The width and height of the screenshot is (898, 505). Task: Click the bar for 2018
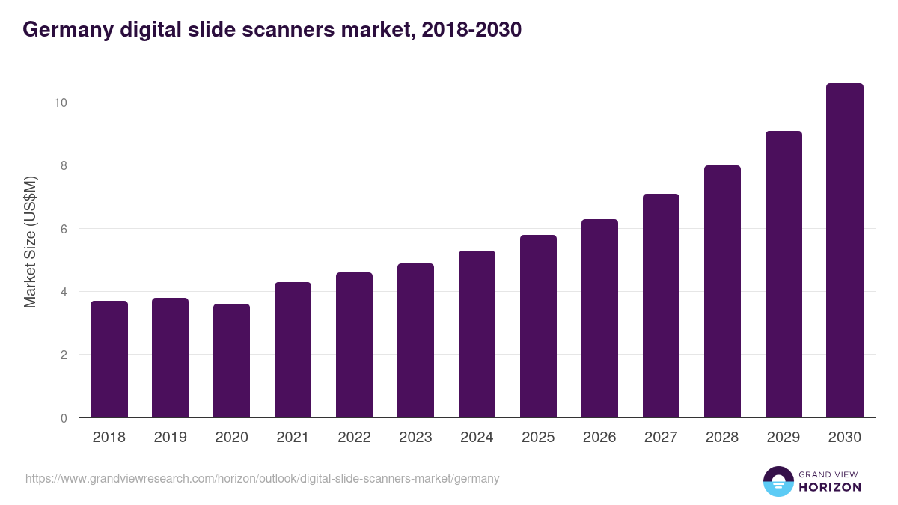[109, 359]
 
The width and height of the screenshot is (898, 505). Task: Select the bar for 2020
[232, 361]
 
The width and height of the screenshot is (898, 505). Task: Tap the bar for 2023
[415, 340]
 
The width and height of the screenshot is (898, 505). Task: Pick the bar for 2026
[599, 318]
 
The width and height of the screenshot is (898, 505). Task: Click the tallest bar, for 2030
[845, 251]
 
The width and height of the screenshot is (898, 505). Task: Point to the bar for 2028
[722, 292]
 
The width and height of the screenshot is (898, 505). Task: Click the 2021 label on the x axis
[293, 438]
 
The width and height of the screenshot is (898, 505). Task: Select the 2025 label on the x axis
[538, 438]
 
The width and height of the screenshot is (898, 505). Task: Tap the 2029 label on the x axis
[784, 438]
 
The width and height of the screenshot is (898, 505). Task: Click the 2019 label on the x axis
[171, 438]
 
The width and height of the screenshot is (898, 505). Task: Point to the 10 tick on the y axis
[63, 102]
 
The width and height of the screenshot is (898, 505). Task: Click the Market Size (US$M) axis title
[30, 242]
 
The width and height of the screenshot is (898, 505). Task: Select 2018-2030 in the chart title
[471, 30]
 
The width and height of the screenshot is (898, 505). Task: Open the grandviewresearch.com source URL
[262, 478]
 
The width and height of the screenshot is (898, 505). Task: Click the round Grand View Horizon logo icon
[778, 481]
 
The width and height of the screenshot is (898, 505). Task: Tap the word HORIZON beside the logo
[830, 487]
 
